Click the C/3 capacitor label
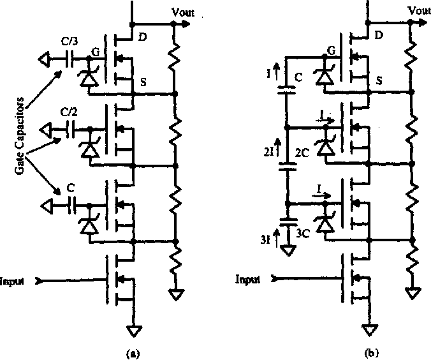[x=69, y=41]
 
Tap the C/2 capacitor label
[x=69, y=112]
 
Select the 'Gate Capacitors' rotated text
[x=20, y=136]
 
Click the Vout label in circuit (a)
[x=183, y=12]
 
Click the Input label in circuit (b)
[x=247, y=280]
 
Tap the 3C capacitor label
[x=303, y=234]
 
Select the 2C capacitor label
[x=302, y=153]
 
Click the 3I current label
[x=265, y=240]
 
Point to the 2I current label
[x=268, y=152]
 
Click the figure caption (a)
[x=133, y=354]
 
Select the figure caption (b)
[x=371, y=353]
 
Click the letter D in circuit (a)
[x=142, y=37]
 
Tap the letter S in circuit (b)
[x=379, y=80]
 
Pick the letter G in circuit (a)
[x=96, y=52]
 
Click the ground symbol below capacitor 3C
[x=288, y=250]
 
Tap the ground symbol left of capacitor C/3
[x=45, y=59]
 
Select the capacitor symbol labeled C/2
[x=71, y=128]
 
